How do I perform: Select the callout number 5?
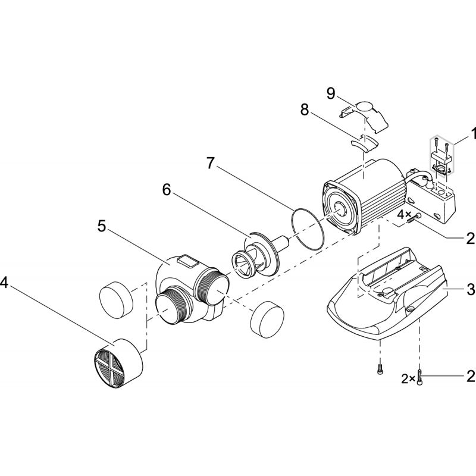(x=102, y=226)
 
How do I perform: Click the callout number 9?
(x=331, y=93)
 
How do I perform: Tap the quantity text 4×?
(x=405, y=213)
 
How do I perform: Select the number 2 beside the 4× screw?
(x=470, y=238)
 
